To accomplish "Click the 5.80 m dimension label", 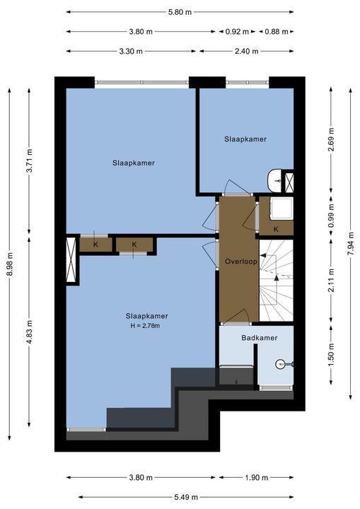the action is (x=180, y=12).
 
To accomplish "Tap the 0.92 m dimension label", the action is (x=237, y=32).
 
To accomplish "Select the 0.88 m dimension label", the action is (x=276, y=32).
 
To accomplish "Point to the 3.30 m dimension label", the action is (x=131, y=52).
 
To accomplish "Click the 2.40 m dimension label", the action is (x=247, y=52).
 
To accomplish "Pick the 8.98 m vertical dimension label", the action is (x=10, y=264).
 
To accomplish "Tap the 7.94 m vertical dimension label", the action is (x=351, y=244).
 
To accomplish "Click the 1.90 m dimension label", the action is (x=256, y=477).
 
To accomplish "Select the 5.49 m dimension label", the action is (x=186, y=497).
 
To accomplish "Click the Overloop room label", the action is (x=241, y=262).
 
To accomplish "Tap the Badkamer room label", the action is (x=260, y=338).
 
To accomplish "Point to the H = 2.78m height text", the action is (x=145, y=326).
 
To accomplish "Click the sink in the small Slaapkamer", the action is (x=275, y=181).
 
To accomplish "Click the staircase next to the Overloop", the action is (x=276, y=281).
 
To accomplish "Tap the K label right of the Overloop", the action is (x=276, y=230).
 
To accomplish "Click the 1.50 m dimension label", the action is (x=331, y=355).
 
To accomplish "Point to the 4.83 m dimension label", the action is (x=29, y=332).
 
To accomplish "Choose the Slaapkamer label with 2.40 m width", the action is (x=245, y=139).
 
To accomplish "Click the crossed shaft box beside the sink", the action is (x=289, y=183).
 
